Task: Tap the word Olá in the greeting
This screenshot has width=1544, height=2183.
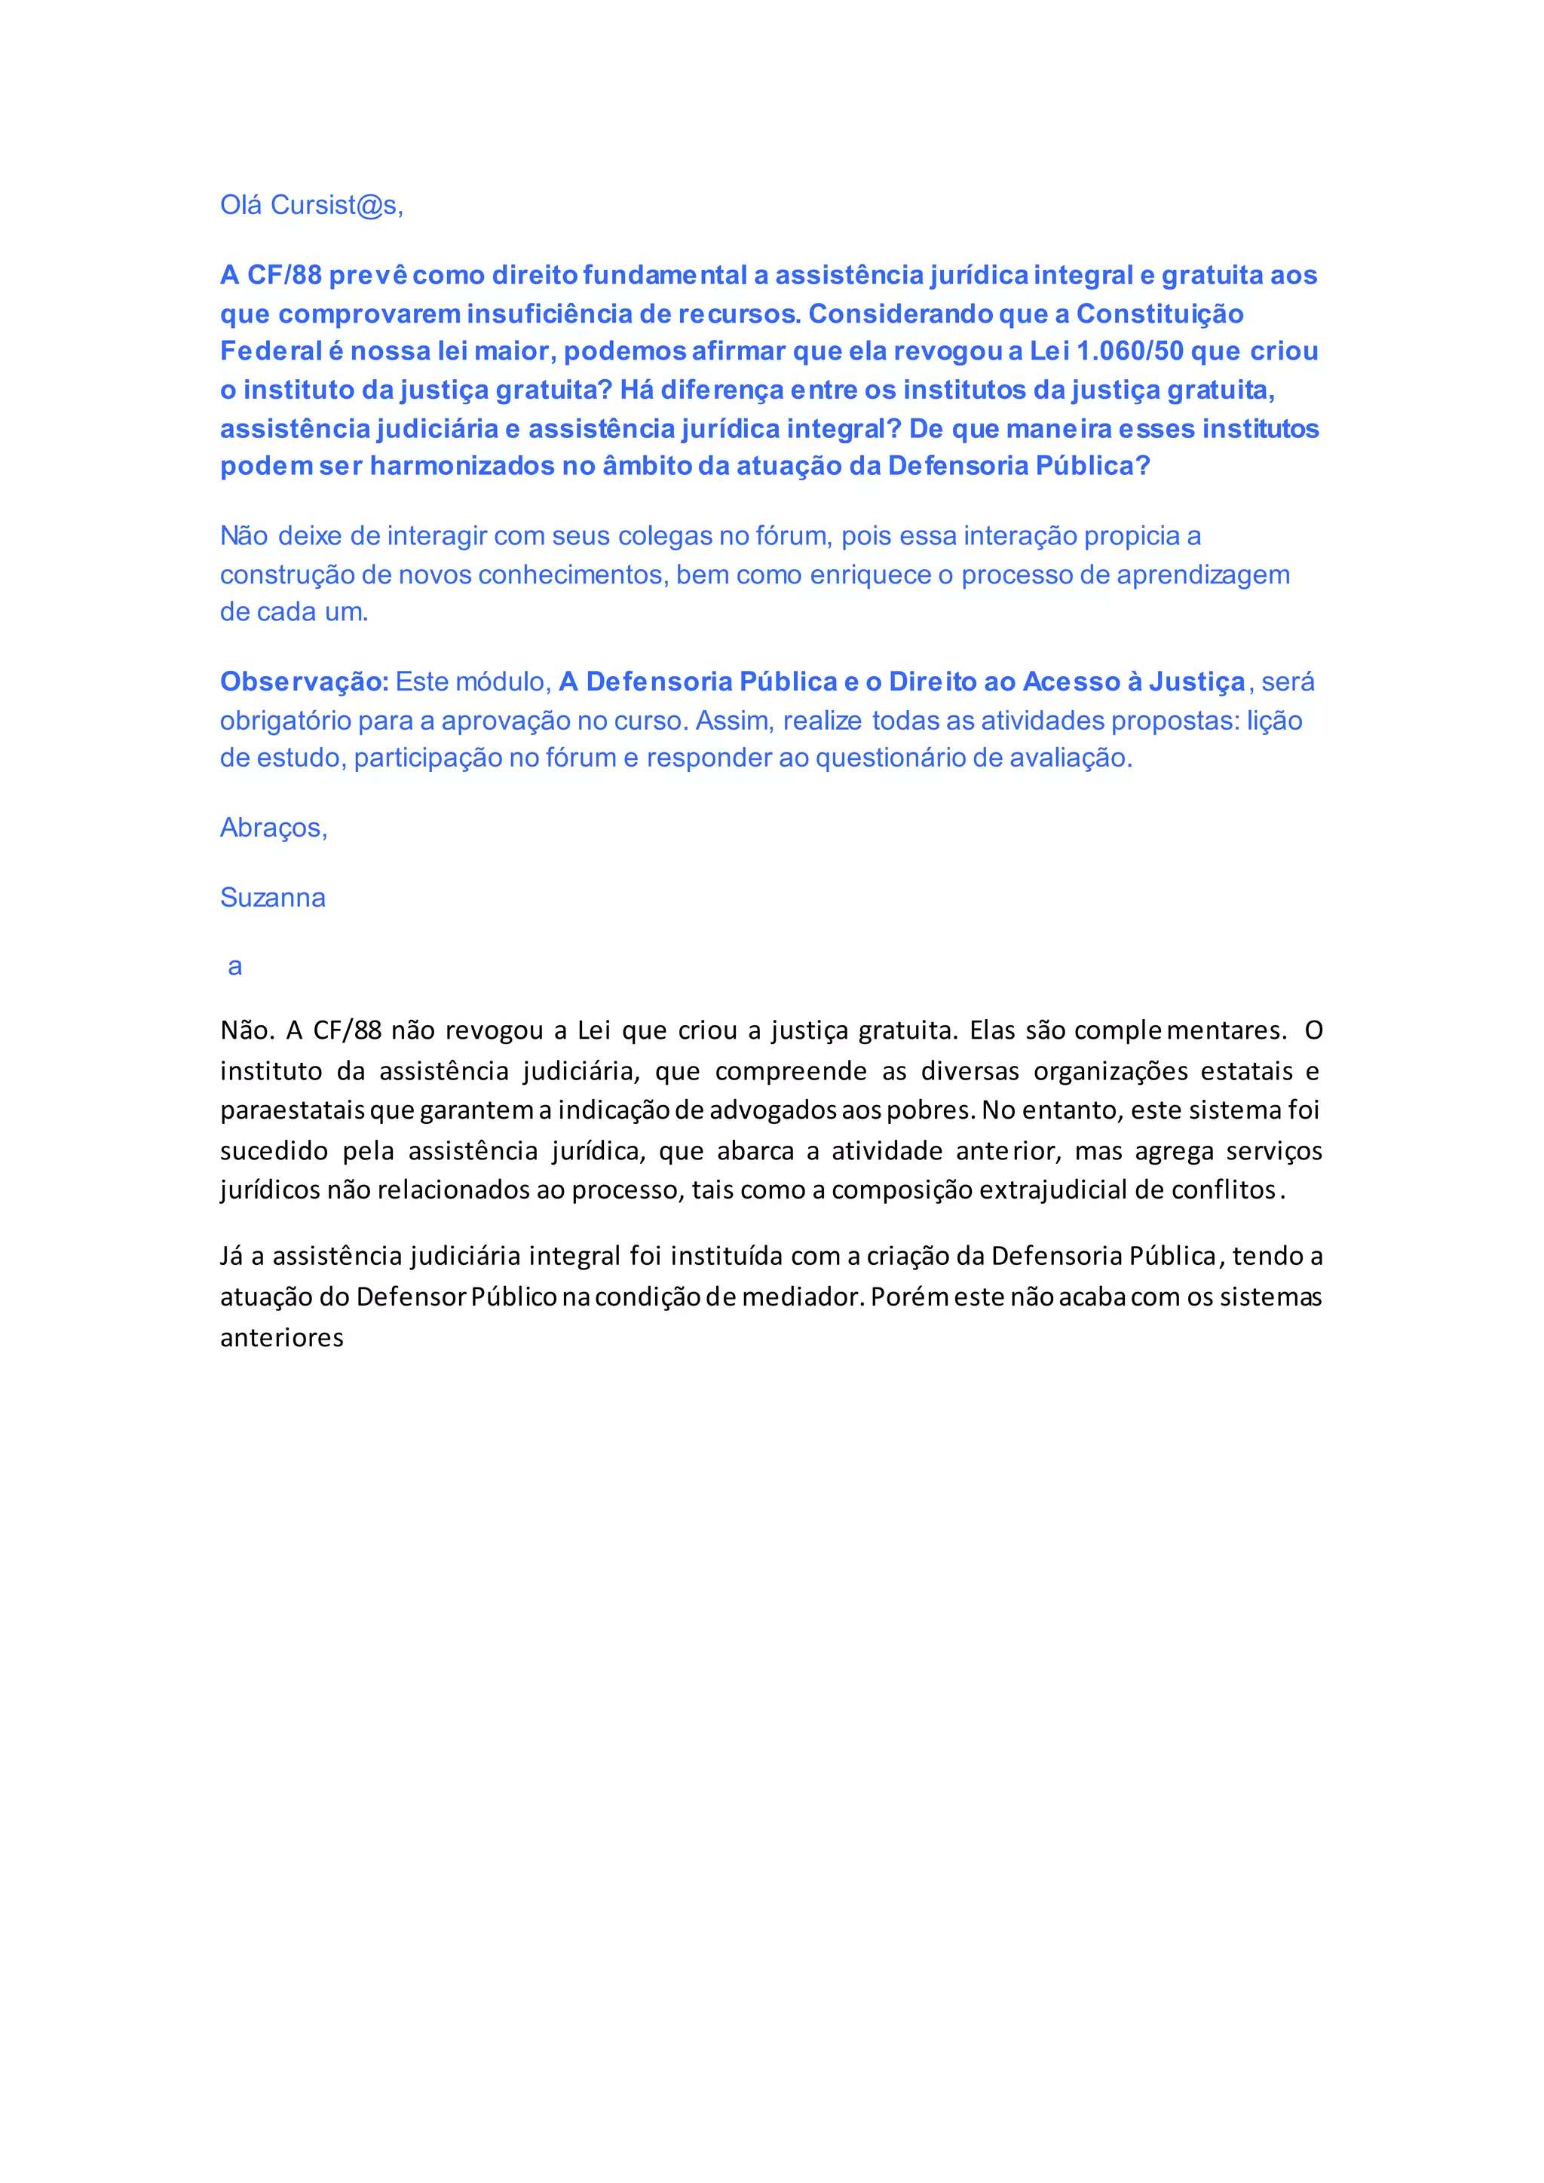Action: pos(241,205)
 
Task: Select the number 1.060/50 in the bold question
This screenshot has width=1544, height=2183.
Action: pos(1129,352)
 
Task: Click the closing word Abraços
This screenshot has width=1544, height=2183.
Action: pos(273,828)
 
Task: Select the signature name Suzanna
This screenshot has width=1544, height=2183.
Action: pos(273,898)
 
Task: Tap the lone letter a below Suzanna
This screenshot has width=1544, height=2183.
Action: pos(234,967)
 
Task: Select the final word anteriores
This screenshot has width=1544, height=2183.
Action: pos(281,1338)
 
